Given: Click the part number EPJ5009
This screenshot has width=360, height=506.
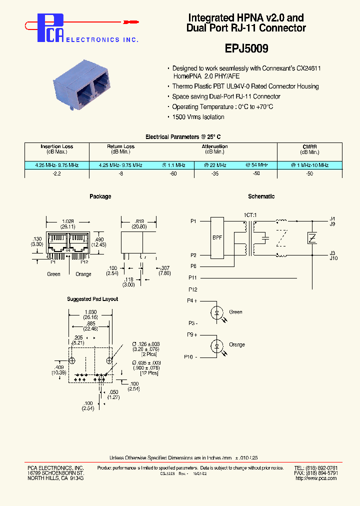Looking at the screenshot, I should click(245, 49).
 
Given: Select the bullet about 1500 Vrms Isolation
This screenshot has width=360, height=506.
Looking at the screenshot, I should click(198, 117).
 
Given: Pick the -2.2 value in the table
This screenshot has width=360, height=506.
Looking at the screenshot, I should click(56, 173).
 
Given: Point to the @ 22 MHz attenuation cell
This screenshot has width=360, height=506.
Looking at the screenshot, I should click(215, 165).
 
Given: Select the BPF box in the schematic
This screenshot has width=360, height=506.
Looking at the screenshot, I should click(217, 238).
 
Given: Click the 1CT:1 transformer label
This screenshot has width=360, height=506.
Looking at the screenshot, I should click(250, 215).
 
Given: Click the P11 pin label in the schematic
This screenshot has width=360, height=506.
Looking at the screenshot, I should click(193, 277).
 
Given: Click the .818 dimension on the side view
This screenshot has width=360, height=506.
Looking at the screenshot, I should click(140, 220).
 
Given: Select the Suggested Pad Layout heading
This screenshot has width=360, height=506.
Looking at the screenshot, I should click(92, 299).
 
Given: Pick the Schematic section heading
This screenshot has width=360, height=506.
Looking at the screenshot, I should click(261, 196).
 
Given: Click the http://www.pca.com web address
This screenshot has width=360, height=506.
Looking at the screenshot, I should click(316, 478).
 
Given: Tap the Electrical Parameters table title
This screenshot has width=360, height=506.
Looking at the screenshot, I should click(182, 136).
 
